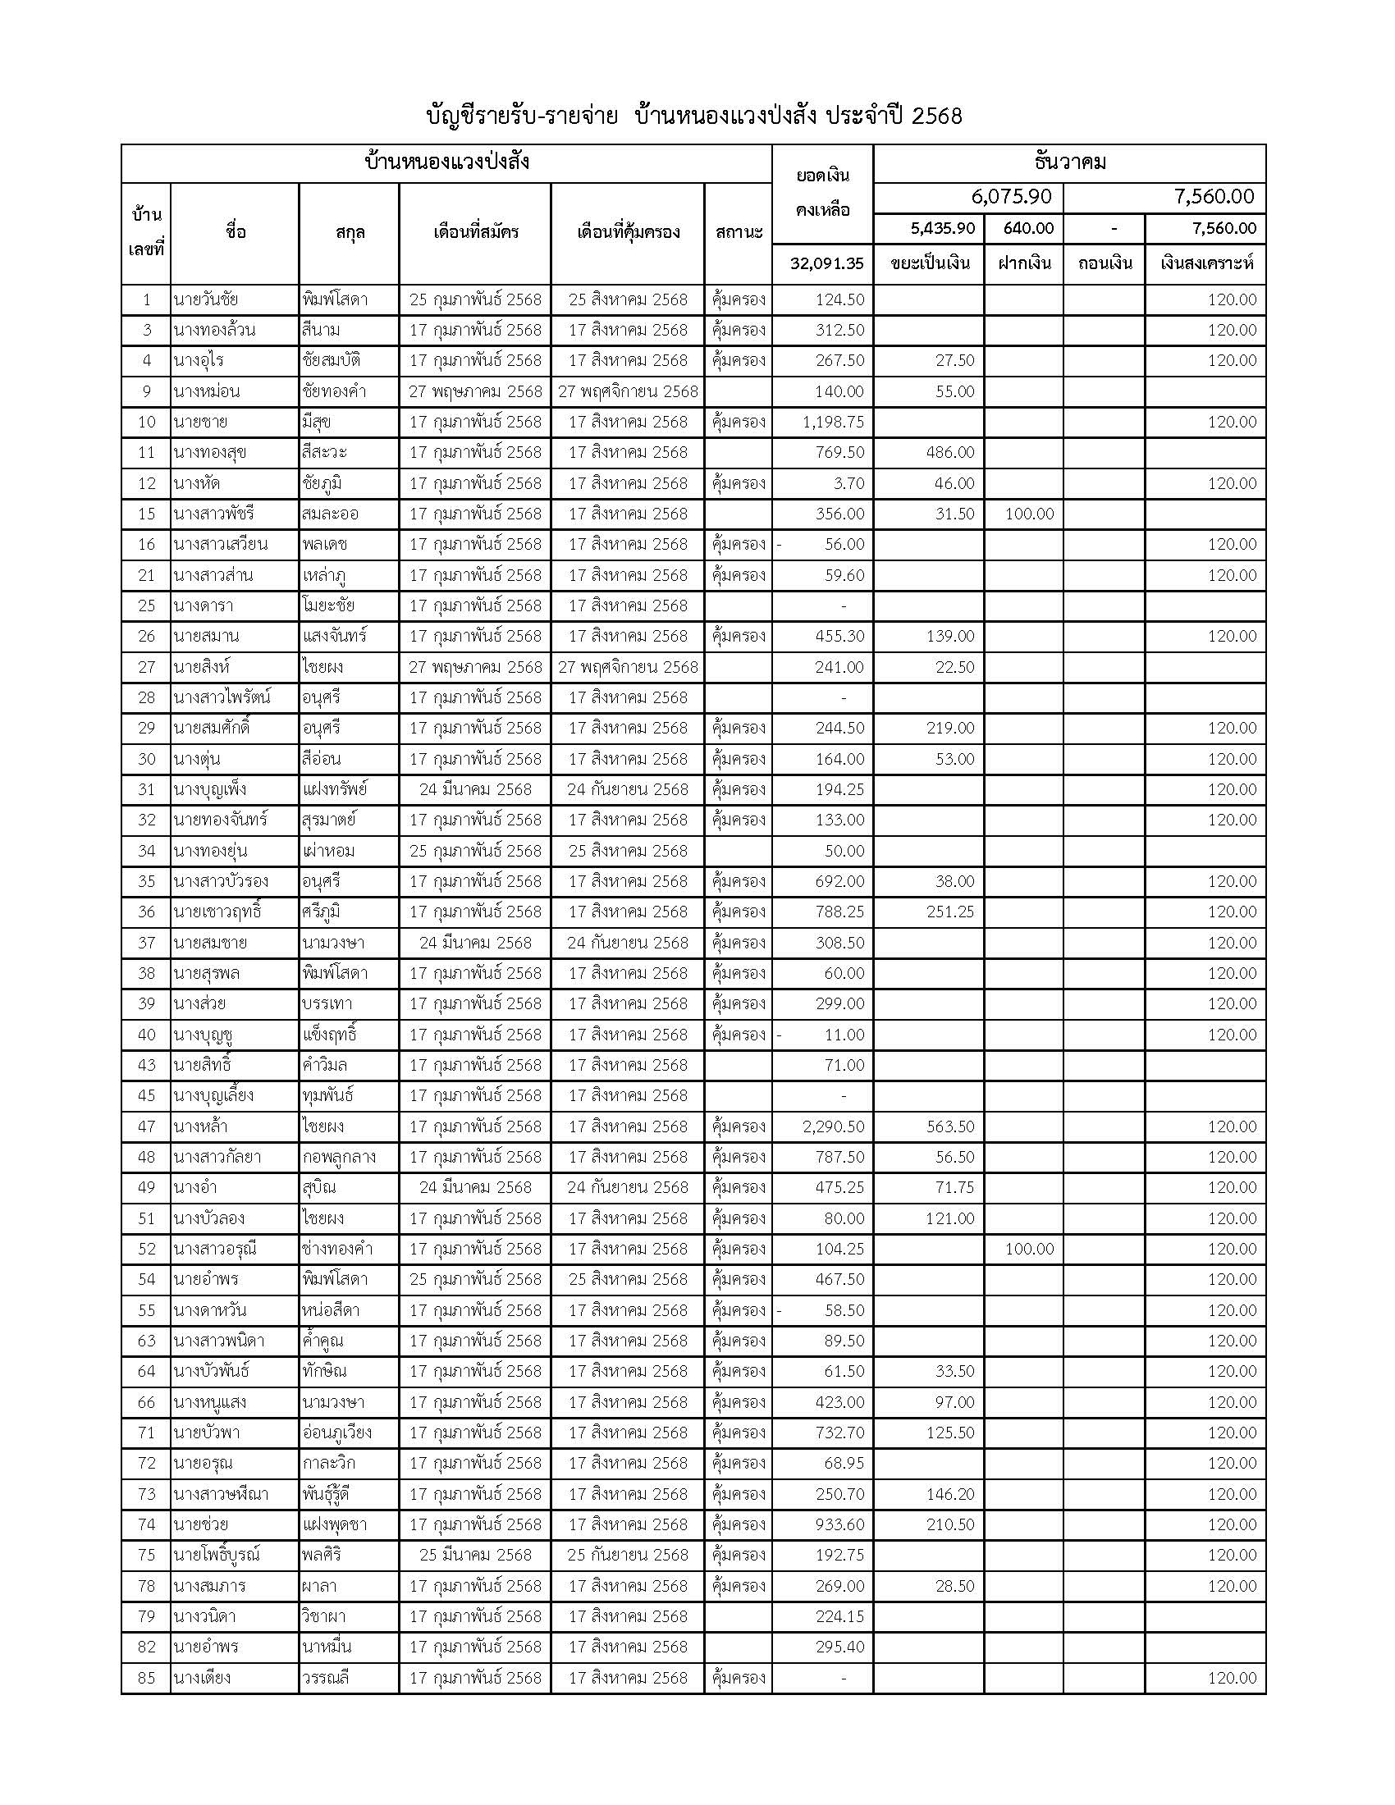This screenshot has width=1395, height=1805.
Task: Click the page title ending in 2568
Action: [694, 116]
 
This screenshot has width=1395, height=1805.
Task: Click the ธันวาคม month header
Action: [1069, 162]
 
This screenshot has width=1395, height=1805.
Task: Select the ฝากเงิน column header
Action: [1024, 263]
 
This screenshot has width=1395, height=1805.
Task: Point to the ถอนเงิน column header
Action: [1104, 263]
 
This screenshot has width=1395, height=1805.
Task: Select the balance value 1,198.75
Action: [833, 422]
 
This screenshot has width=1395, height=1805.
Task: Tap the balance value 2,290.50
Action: [833, 1126]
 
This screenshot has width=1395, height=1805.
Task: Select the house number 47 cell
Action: [146, 1126]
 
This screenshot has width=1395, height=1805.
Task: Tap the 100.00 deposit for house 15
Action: [1029, 514]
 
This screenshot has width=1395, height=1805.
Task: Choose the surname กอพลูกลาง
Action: [339, 1157]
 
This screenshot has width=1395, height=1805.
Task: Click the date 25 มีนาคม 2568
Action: [475, 1555]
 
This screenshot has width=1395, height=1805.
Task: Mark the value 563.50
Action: [950, 1126]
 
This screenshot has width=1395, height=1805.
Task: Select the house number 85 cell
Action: [146, 1678]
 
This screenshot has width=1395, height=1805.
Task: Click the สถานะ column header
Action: [739, 232]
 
